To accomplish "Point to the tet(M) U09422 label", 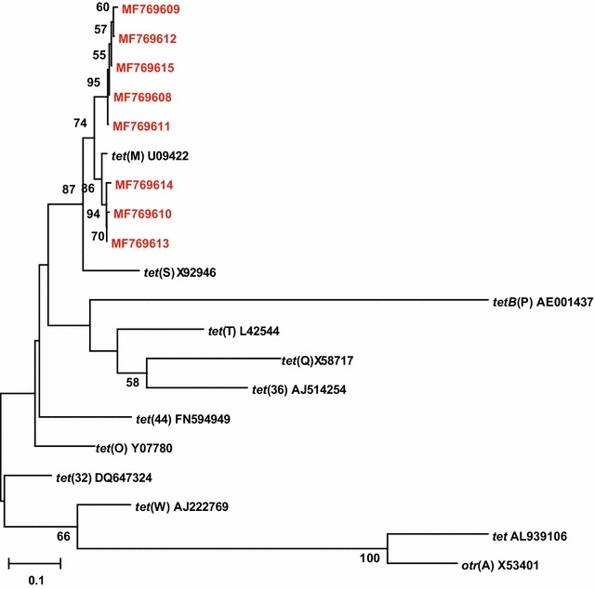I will pyautogui.click(x=150, y=156).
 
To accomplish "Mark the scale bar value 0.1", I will pyautogui.click(x=34, y=580).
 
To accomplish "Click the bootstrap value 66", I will pyautogui.click(x=63, y=537).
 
